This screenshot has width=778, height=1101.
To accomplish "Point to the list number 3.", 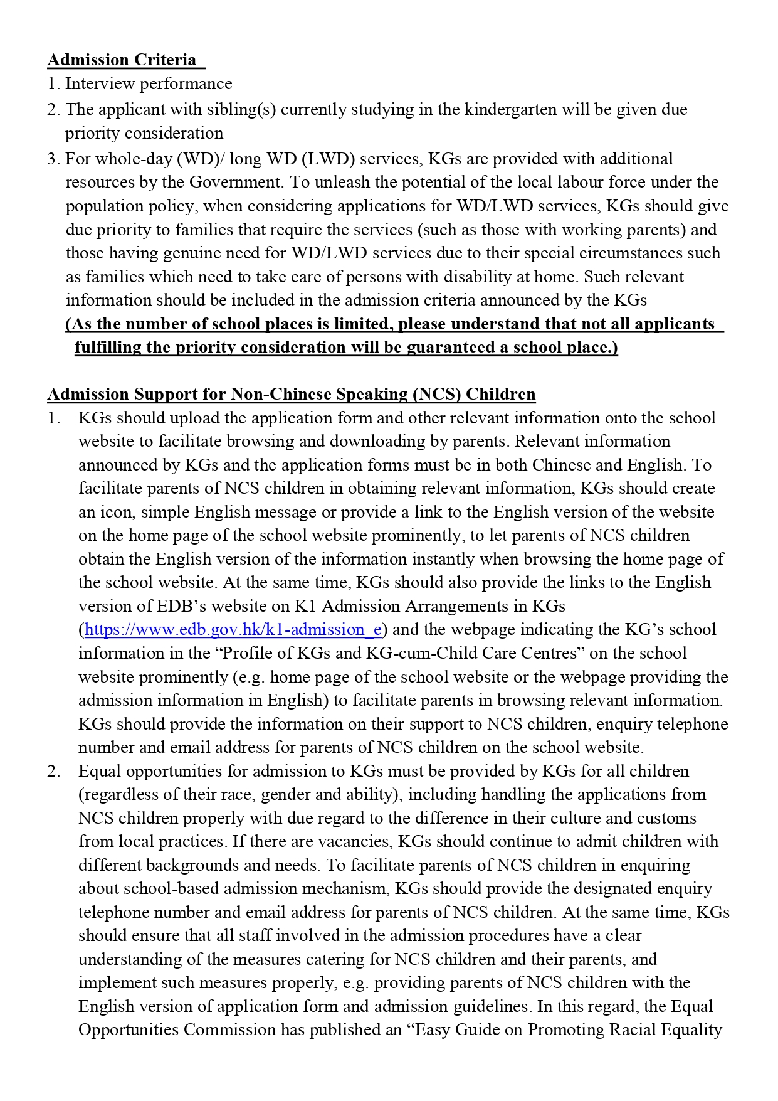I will pyautogui.click(x=53, y=159).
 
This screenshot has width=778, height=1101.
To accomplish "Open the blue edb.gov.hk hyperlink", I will pyautogui.click(x=233, y=630).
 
